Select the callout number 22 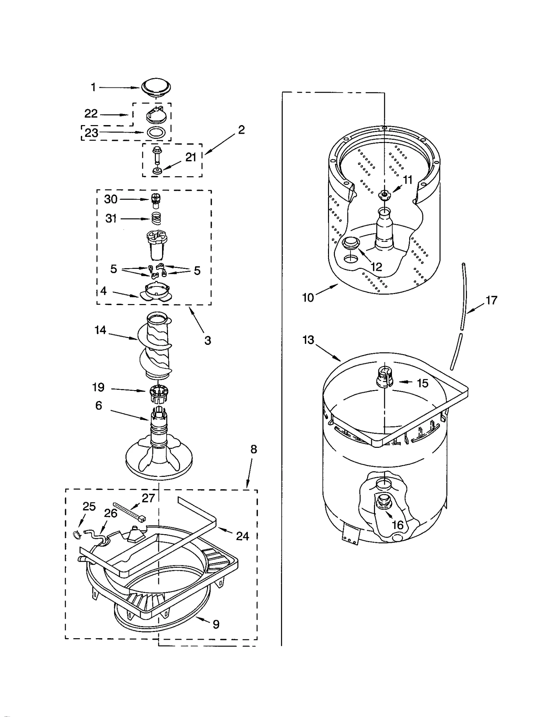point(91,113)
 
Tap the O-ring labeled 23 point(156,132)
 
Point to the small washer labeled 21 point(158,170)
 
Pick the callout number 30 point(111,199)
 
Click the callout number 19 point(98,387)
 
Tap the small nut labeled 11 point(383,195)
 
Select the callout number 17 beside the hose point(491,300)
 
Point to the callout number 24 point(242,536)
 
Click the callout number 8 point(254,449)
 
